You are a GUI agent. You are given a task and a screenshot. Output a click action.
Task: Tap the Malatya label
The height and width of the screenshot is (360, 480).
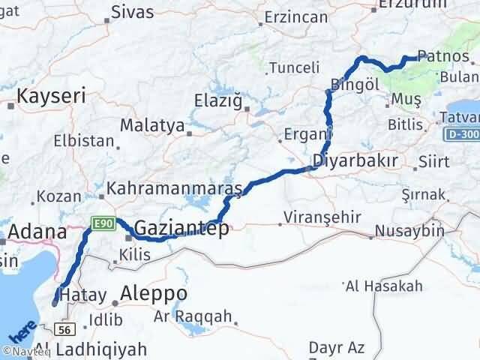151,125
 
